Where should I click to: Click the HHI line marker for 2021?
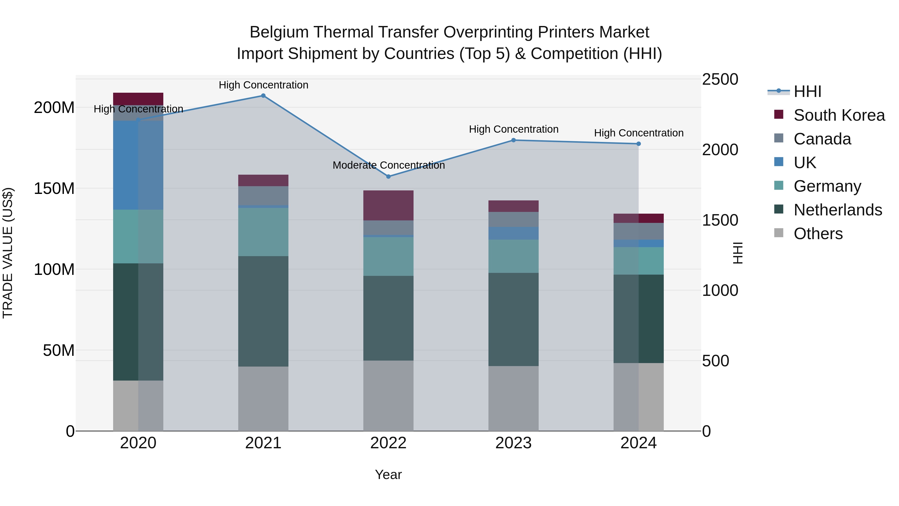coord(263,96)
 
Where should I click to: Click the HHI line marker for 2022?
coord(388,176)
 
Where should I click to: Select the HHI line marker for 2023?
coord(513,140)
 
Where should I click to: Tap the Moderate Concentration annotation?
coord(388,165)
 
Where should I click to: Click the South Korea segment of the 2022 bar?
coord(388,205)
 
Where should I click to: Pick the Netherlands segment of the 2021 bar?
coord(263,311)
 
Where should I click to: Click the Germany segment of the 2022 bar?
coord(388,256)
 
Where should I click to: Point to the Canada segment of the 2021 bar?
coord(263,196)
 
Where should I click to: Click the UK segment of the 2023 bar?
coord(513,233)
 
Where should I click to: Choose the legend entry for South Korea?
coord(839,115)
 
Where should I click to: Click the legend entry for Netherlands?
coord(838,210)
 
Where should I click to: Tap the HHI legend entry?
coord(807,91)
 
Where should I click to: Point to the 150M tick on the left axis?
coord(54,189)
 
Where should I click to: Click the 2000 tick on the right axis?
coord(720,150)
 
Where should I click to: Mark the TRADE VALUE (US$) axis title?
coord(8,253)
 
